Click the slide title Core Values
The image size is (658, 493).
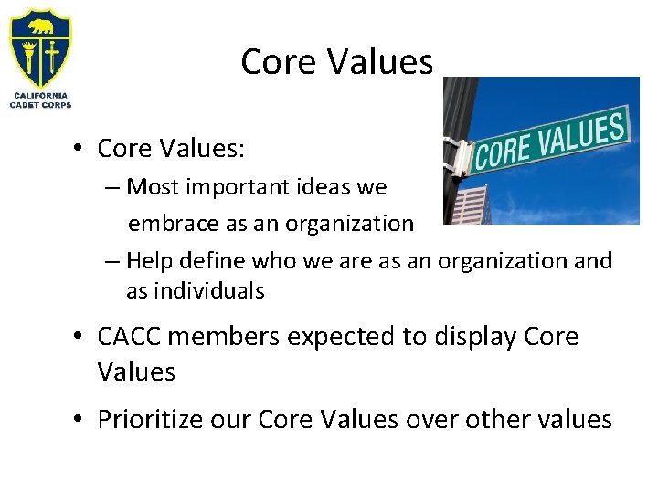pyautogui.click(x=336, y=62)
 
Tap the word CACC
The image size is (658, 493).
pyautogui.click(x=132, y=337)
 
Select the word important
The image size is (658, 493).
pyautogui.click(x=226, y=187)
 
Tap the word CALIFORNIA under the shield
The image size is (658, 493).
pyautogui.click(x=40, y=95)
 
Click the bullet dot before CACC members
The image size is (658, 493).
pyautogui.click(x=80, y=338)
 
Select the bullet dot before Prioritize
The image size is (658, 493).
pyautogui.click(x=80, y=420)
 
